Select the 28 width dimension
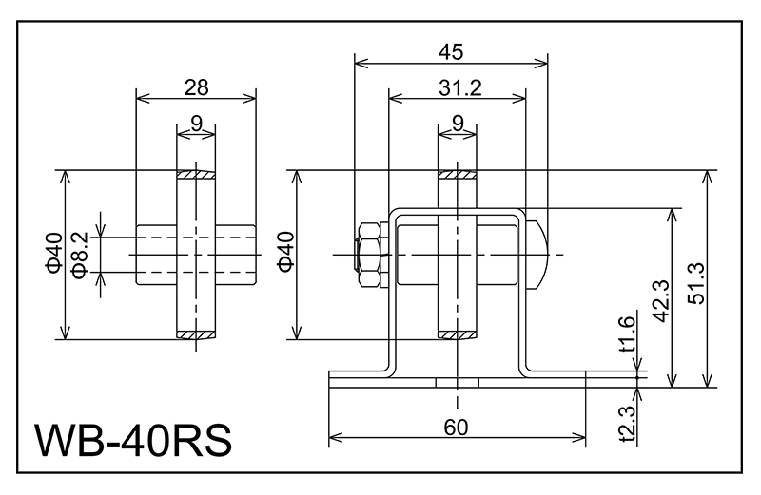coord(196,87)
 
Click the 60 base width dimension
coord(457,427)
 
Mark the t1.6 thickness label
coord(627,334)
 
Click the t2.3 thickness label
coord(627,422)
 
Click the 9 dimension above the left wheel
coord(196,122)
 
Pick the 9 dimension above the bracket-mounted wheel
coord(458,122)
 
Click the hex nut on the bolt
coord(368,256)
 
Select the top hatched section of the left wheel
coord(196,176)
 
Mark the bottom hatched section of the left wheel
coord(196,334)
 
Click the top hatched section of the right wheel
coord(458,176)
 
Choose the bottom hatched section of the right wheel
coord(458,334)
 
